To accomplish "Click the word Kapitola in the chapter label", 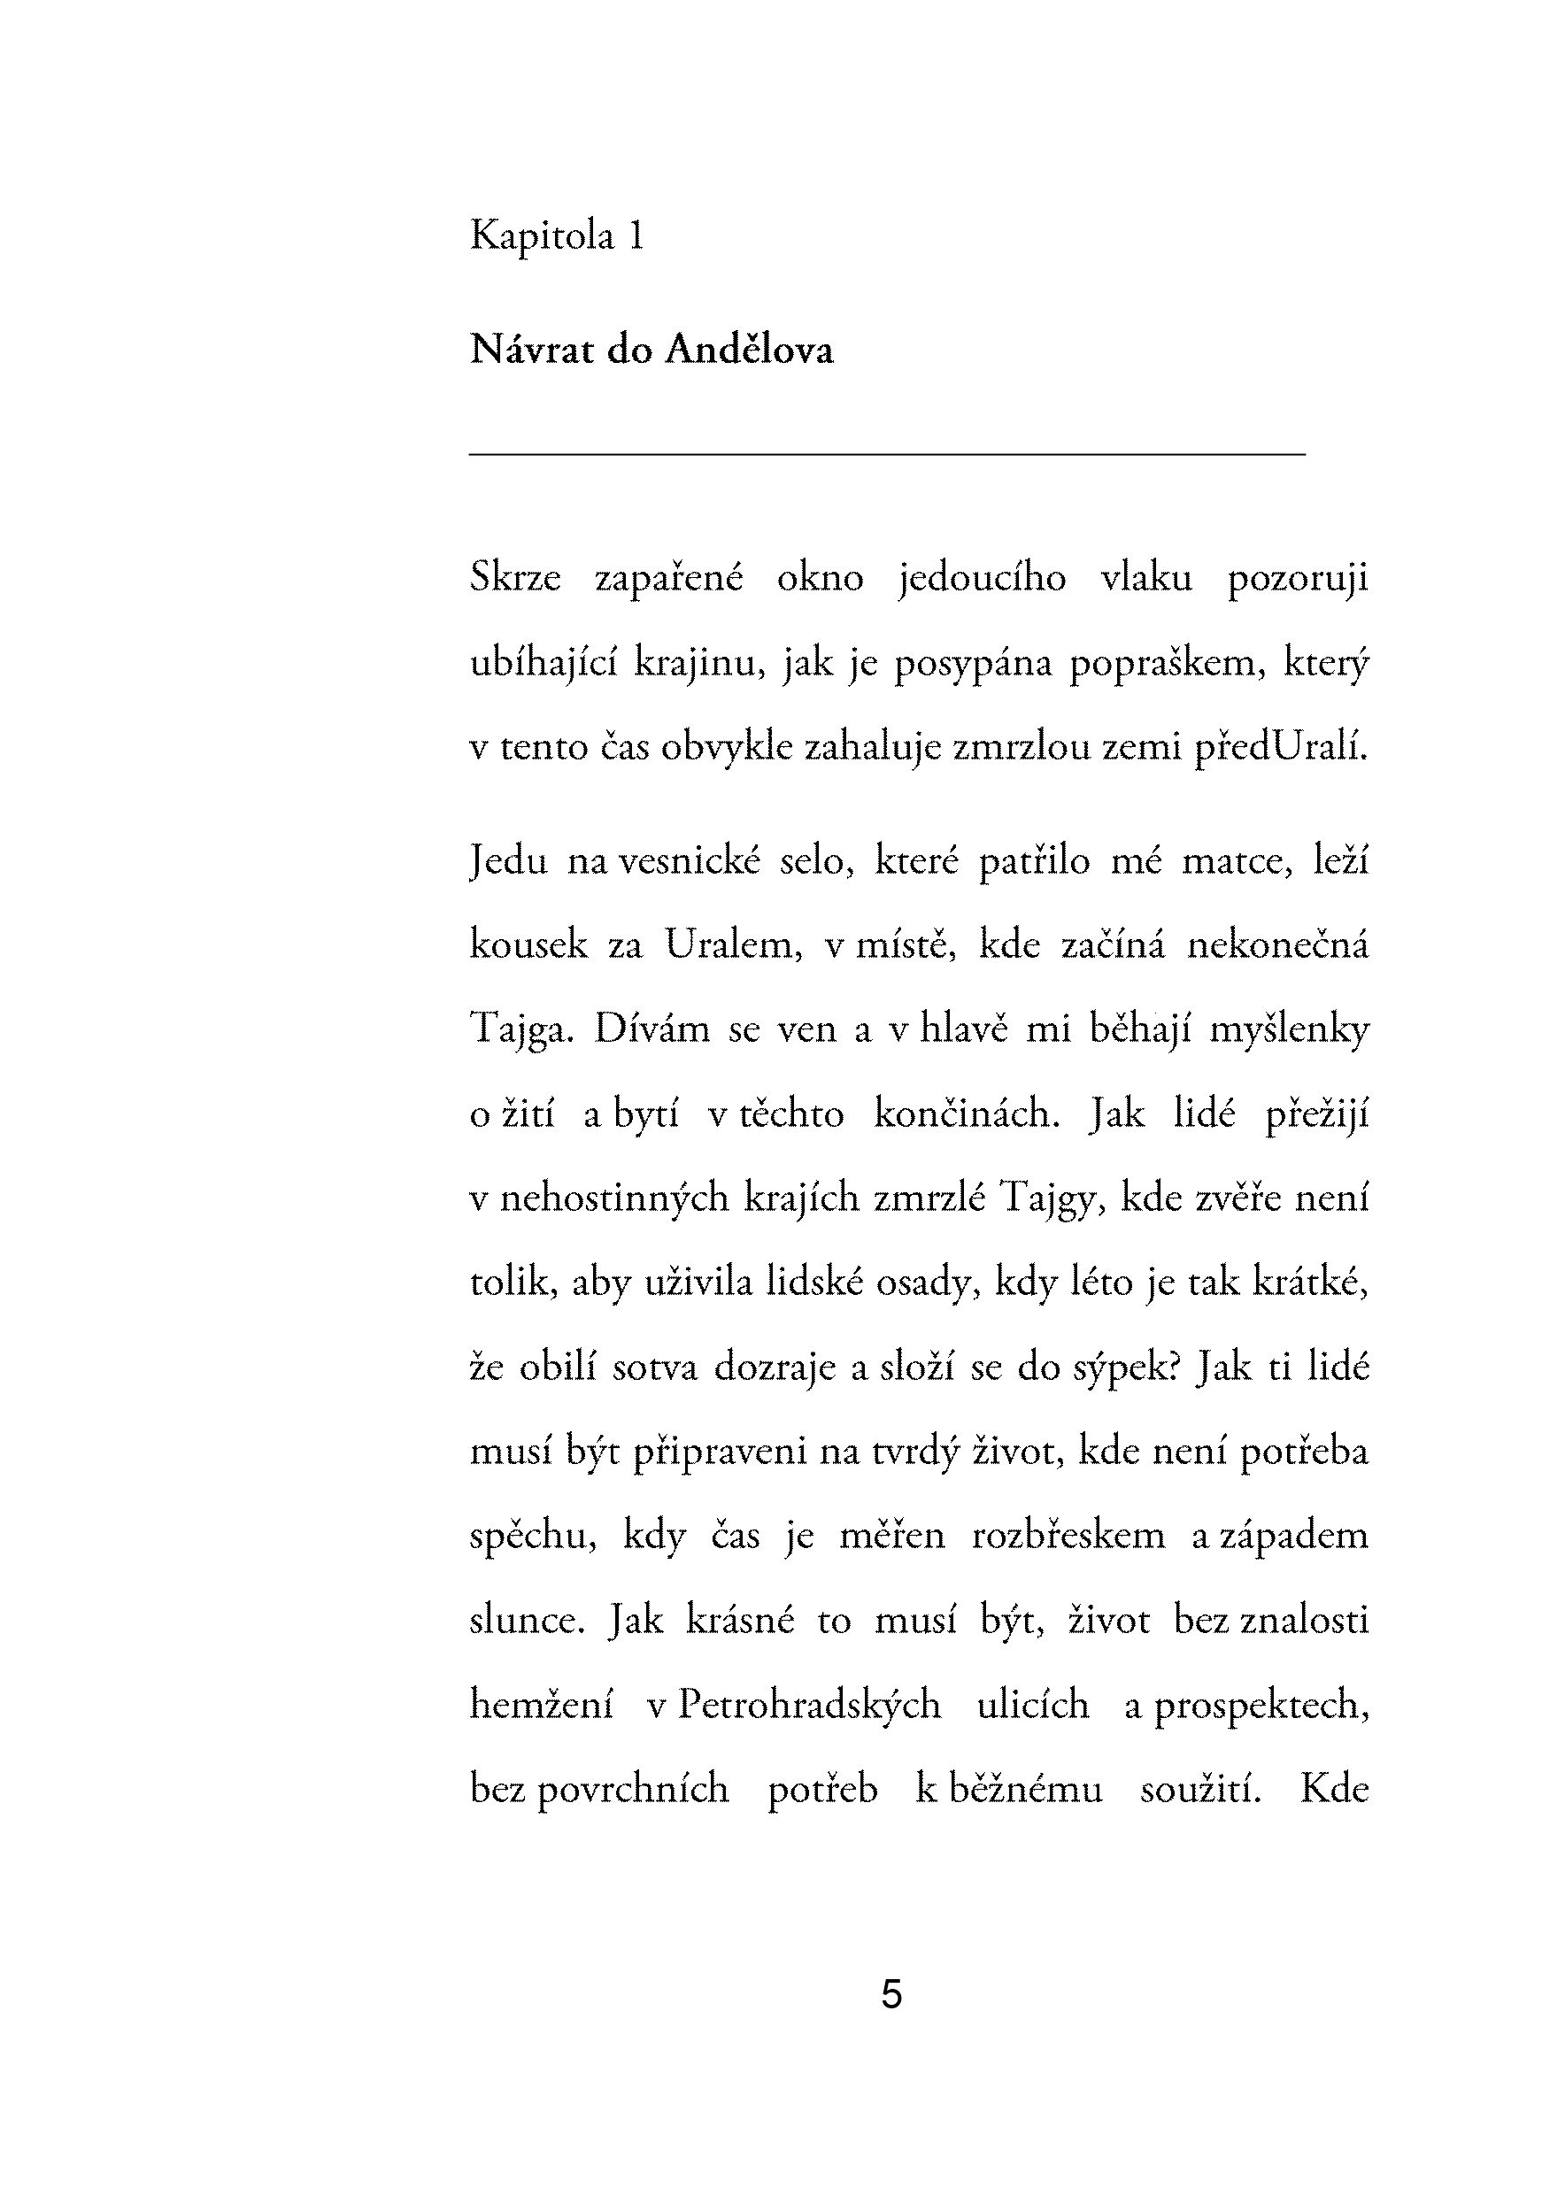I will click(542, 236).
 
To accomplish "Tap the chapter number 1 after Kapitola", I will click(636, 235).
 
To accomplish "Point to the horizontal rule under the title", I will click(887, 454).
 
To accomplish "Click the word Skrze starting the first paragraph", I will click(514, 579).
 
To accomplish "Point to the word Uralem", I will click(733, 946).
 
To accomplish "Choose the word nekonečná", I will click(1278, 946).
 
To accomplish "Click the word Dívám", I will click(651, 1030).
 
